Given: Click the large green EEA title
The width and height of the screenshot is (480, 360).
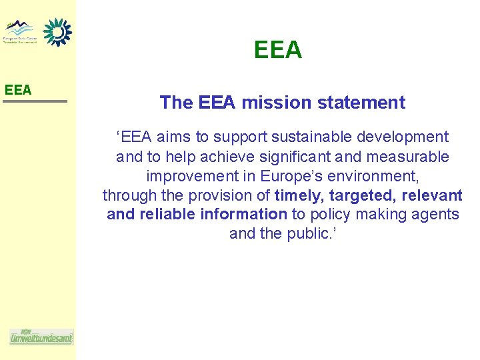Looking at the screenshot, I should (278, 50).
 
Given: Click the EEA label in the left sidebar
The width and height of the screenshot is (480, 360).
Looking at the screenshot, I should (18, 89).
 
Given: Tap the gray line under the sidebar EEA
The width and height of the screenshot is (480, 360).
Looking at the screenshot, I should (35, 101).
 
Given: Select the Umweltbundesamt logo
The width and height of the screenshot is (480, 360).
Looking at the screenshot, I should (41, 337).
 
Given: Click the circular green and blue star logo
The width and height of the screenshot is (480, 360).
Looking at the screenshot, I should (57, 31).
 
